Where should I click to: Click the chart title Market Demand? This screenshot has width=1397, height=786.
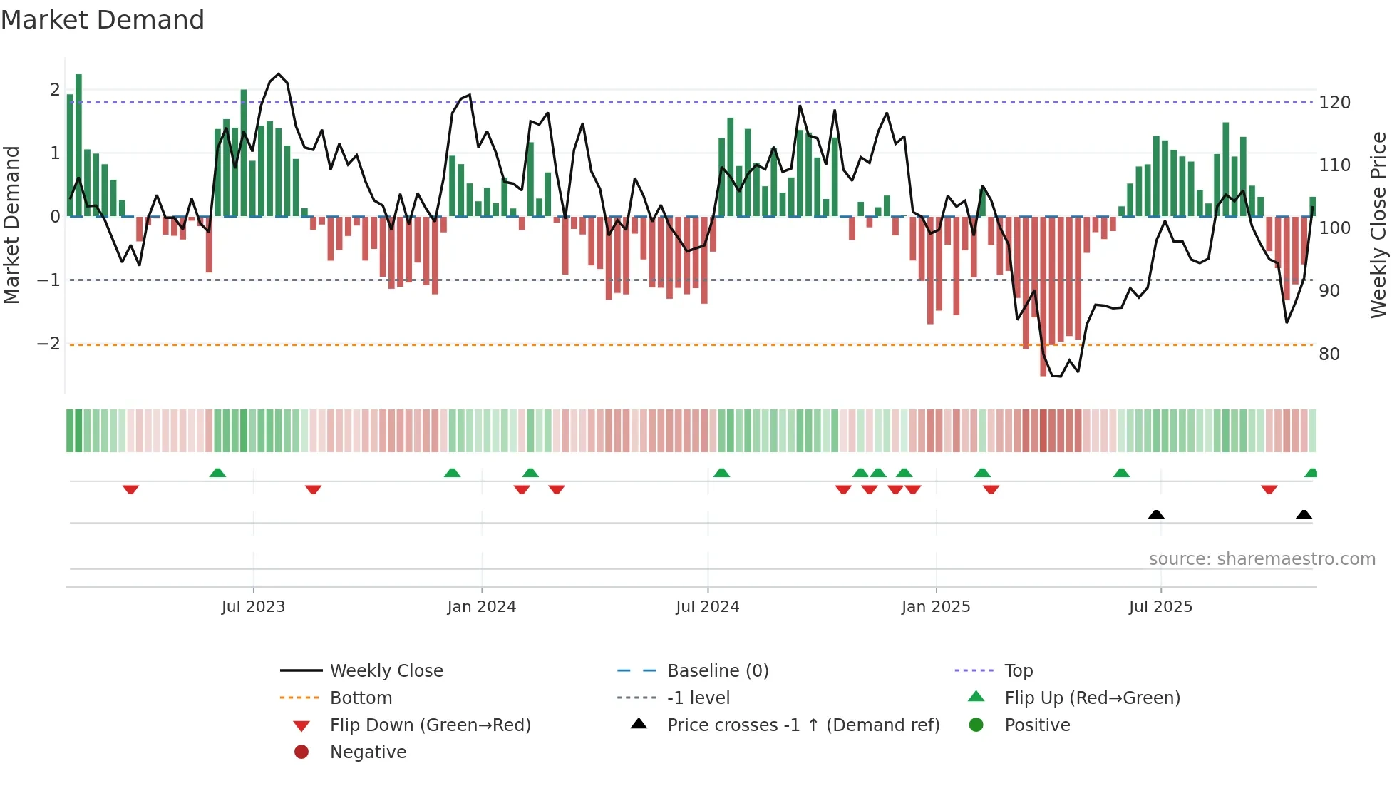coord(103,20)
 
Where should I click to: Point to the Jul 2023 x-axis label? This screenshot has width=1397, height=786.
coord(253,607)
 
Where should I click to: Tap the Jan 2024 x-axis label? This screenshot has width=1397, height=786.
coord(481,607)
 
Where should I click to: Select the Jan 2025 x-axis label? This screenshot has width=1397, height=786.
coord(935,607)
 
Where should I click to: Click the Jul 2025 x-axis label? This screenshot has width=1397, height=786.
coord(1160,607)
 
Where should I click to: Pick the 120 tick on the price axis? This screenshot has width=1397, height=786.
coord(1334,103)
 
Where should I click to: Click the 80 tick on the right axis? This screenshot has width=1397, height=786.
coord(1329,354)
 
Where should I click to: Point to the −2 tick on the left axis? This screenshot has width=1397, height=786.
coord(48,344)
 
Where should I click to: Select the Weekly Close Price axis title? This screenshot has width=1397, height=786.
coord(1378,225)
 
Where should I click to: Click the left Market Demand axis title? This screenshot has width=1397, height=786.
coord(12,225)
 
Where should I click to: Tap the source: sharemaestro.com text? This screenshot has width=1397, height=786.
coord(1262,559)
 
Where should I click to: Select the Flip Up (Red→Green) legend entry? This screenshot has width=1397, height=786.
coord(1092,698)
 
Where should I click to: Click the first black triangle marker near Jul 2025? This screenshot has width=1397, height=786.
coord(1156,514)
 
